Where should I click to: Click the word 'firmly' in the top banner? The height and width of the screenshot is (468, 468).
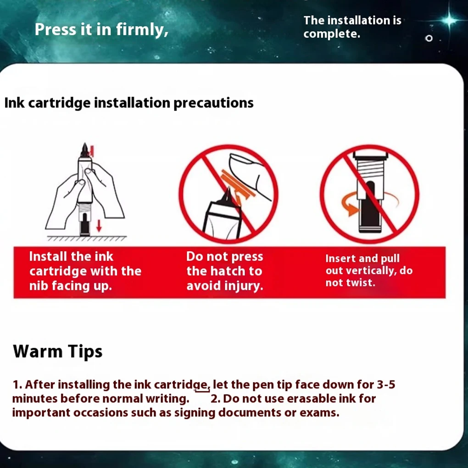click(142, 30)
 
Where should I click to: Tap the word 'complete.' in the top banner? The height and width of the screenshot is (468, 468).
click(332, 34)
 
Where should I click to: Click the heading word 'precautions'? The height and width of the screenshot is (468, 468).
click(213, 103)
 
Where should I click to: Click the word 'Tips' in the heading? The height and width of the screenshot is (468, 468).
click(85, 351)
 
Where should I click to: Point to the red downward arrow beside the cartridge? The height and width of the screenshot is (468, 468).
click(99, 226)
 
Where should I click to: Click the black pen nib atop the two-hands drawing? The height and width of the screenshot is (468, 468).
click(85, 150)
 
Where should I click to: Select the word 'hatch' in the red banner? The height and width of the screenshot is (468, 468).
click(229, 271)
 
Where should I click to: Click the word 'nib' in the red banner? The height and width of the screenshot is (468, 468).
click(39, 286)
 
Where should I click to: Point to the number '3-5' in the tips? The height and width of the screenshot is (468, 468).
click(386, 384)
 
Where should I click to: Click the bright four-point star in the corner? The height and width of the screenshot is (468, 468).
click(449, 20)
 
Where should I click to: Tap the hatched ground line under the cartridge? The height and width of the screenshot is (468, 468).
click(87, 238)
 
